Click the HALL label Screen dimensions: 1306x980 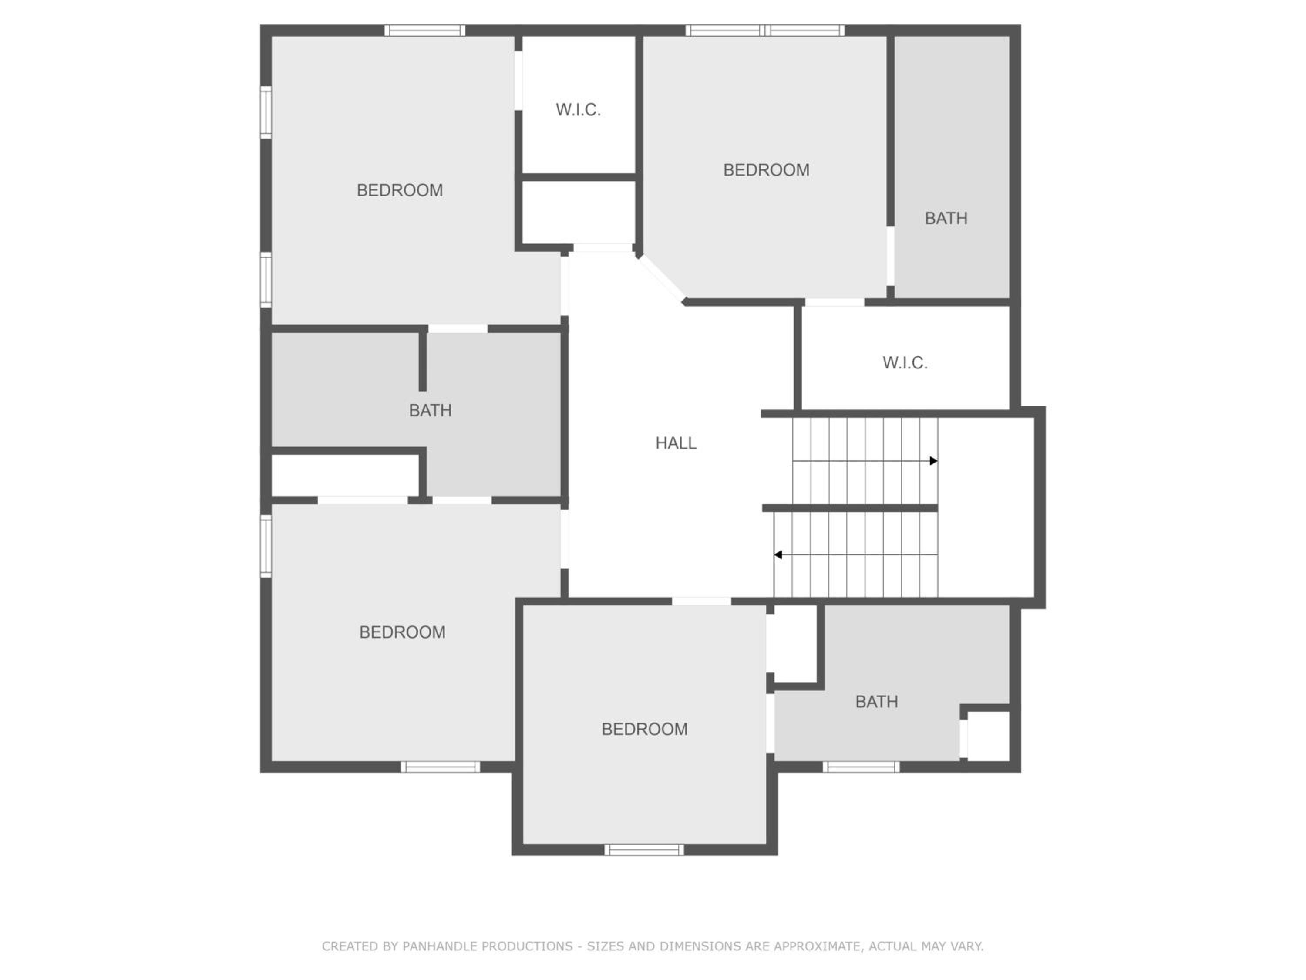click(x=676, y=443)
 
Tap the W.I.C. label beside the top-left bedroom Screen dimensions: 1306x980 click(x=578, y=110)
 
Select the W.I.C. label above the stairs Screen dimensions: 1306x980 click(x=905, y=363)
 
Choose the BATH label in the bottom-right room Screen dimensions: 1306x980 click(x=876, y=702)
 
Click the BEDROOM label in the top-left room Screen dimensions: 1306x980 click(x=400, y=190)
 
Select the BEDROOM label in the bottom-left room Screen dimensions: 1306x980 click(x=402, y=632)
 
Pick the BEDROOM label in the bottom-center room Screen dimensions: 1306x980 click(x=644, y=729)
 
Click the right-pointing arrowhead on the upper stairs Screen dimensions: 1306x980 click(x=933, y=461)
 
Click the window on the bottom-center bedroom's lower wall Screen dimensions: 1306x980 click(x=644, y=849)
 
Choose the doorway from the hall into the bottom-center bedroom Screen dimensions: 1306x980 click(x=701, y=602)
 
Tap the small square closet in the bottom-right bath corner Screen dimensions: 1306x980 click(x=988, y=736)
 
